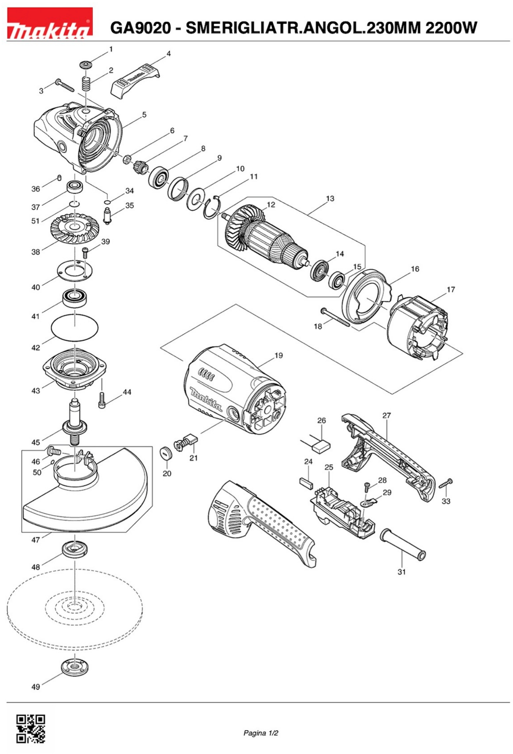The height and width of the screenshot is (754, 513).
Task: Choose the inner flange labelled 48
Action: [75, 549]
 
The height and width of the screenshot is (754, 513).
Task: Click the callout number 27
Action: [386, 415]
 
